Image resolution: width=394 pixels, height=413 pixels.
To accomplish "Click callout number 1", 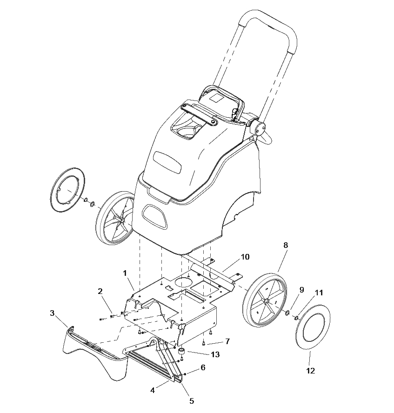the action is pos(125,273).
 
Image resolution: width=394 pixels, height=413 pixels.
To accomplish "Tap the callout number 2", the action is pos(100,291).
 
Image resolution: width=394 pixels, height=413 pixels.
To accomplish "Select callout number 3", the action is pos(52,313).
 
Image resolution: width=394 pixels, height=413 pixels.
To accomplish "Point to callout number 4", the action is pos(153,390).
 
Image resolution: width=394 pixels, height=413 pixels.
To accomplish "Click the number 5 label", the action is pos(192,401).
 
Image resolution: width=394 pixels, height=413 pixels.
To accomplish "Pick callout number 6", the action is pos(203,367).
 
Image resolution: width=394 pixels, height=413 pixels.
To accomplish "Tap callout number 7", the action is pos(227,341).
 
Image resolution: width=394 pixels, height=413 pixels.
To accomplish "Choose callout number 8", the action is pos(286,245).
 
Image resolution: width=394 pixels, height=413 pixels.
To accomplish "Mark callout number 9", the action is pos(302,290).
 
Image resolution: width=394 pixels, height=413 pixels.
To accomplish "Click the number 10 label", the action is pos(245,257).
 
